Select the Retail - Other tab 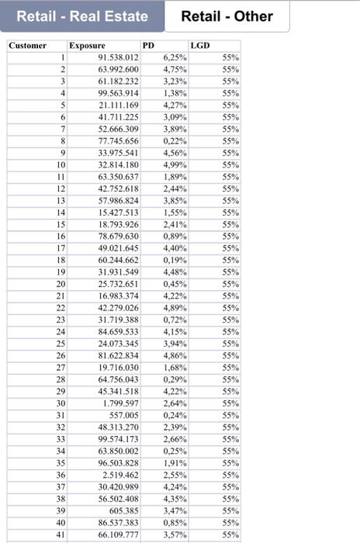click(x=227, y=16)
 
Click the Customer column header click(x=28, y=46)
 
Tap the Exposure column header click(x=87, y=46)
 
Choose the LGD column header click(x=199, y=46)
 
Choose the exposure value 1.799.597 click(x=121, y=403)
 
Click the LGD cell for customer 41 click(x=230, y=534)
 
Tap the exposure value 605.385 click(x=124, y=510)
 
